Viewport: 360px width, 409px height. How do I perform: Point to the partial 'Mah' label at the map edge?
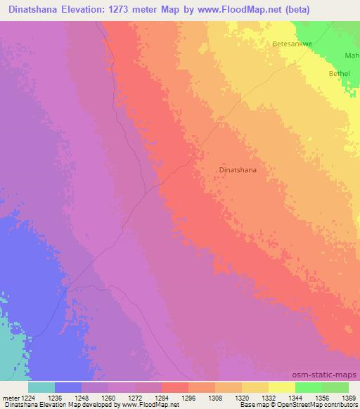point(352,56)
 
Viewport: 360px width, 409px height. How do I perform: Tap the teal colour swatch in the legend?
point(41,387)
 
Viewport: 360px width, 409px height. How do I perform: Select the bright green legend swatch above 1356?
point(308,387)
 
